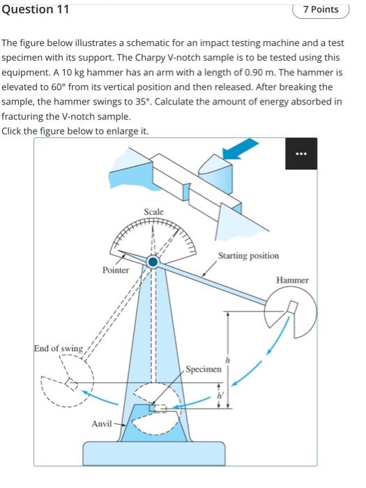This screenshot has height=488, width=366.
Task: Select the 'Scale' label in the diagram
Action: [x=153, y=211]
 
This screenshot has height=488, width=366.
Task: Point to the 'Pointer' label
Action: [x=116, y=270]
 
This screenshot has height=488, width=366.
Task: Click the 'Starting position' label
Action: [x=248, y=256]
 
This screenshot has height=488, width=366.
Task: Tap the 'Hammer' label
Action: [x=292, y=280]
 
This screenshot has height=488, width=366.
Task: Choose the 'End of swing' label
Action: [x=59, y=348]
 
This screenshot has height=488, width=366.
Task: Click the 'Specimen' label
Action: [x=204, y=367]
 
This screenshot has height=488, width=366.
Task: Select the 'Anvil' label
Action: [x=101, y=424]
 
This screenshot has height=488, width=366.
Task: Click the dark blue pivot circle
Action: [x=153, y=261]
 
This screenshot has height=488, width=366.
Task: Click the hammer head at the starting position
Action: [x=291, y=314]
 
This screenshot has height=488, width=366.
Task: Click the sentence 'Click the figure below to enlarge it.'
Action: [x=75, y=130]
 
